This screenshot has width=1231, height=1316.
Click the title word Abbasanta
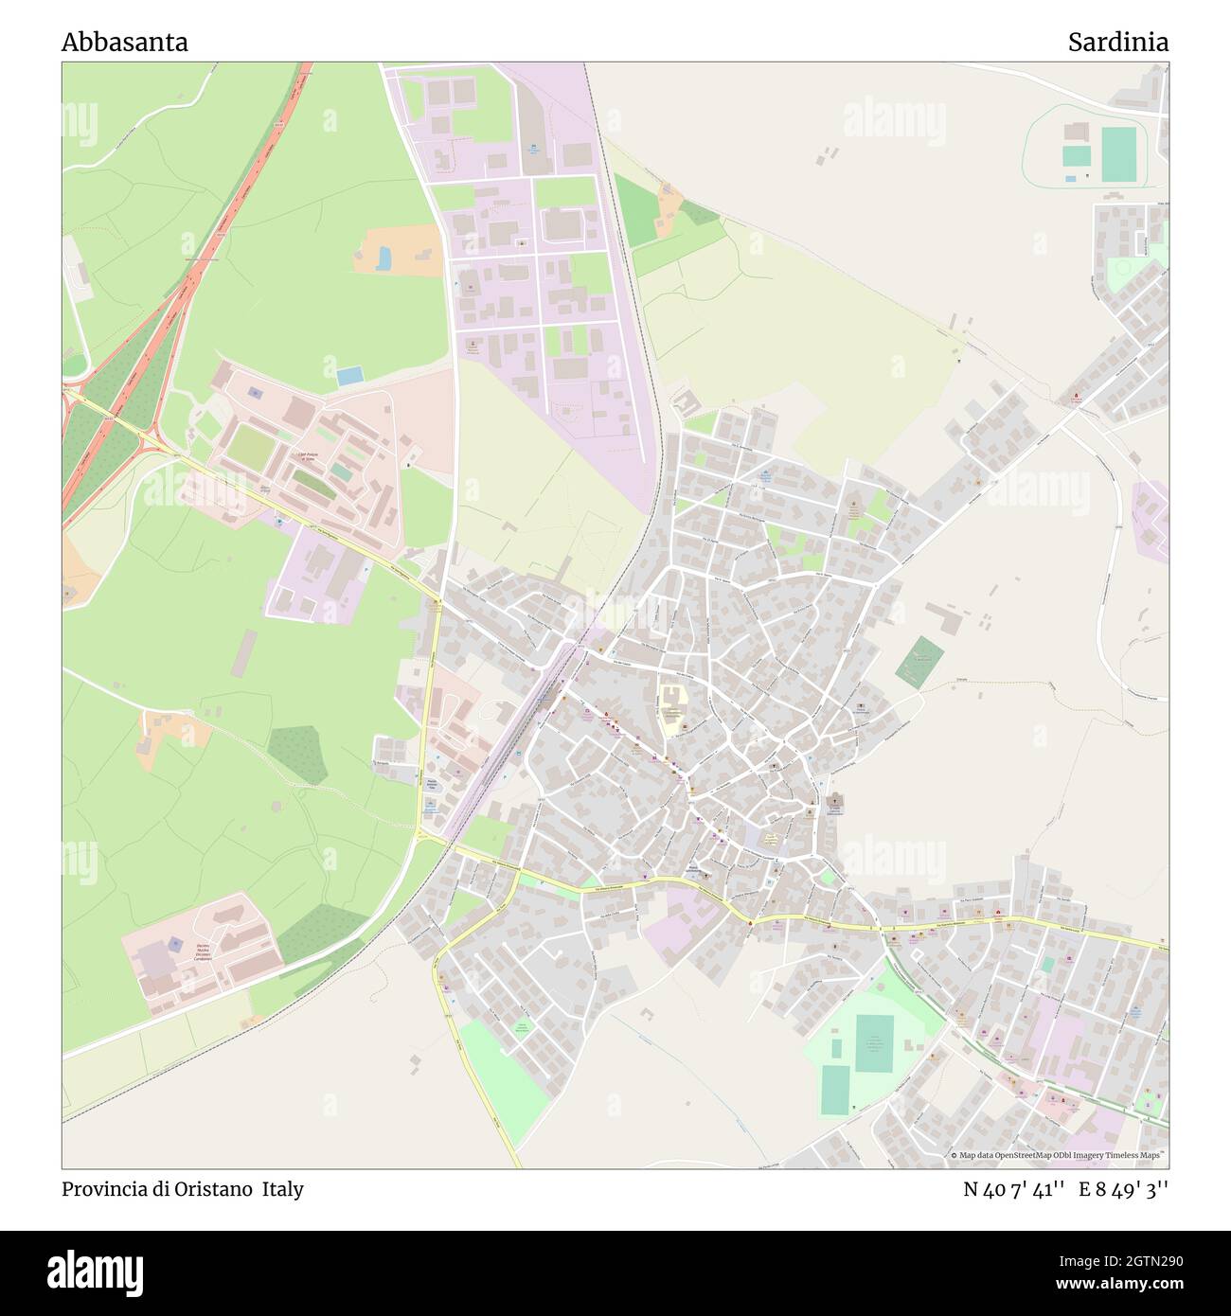coord(125,43)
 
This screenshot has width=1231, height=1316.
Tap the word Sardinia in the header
coord(1117,43)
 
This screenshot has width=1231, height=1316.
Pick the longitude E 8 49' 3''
coord(1130,1189)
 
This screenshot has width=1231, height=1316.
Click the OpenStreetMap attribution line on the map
coord(1060,1155)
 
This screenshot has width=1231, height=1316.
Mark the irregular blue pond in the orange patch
coord(384,258)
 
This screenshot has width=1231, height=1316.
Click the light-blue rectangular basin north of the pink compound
coord(350,376)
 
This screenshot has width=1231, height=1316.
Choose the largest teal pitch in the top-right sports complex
coord(1117,153)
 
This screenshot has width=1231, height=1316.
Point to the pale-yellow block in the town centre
coord(673,711)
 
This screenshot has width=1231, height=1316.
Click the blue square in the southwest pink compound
coord(176,944)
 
